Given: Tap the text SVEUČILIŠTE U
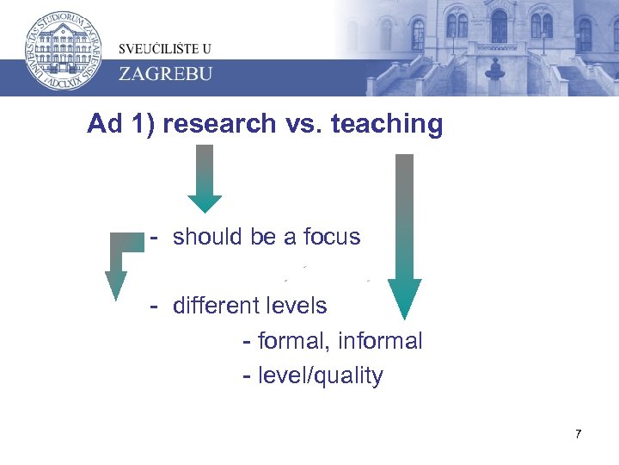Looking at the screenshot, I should [x=166, y=48].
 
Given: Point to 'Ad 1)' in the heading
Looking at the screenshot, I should [x=120, y=125].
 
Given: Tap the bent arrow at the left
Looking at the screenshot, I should [x=120, y=263].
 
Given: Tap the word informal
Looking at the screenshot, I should [x=380, y=342].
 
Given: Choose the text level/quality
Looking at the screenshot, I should [x=321, y=376].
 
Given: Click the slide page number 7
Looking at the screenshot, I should [x=579, y=434].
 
